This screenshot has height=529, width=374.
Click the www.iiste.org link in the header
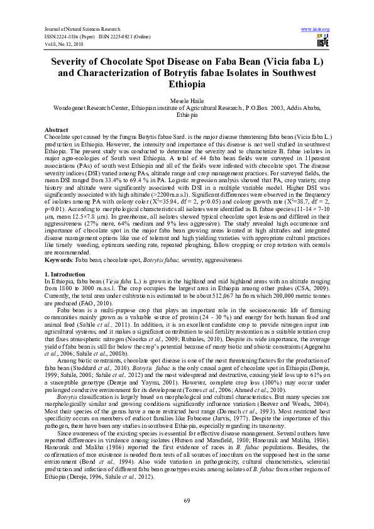[316, 29]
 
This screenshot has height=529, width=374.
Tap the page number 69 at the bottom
[187, 499]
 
